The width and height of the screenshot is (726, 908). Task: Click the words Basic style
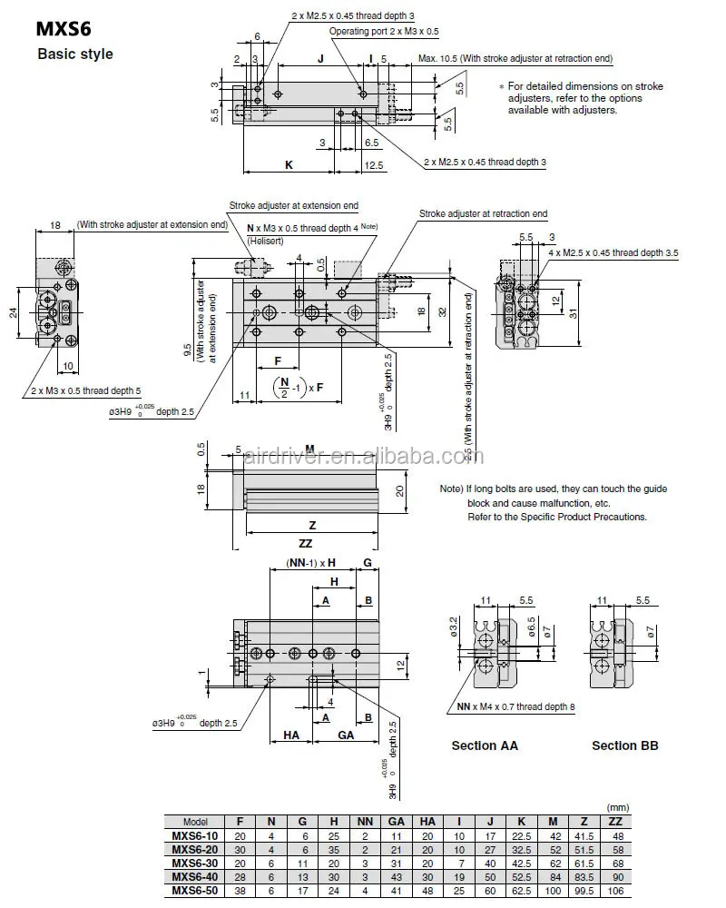click(x=75, y=54)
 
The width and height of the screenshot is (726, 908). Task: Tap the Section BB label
click(x=624, y=745)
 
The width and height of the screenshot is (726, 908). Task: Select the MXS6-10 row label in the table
click(x=196, y=835)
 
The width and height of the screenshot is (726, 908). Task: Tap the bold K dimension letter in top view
click(x=289, y=165)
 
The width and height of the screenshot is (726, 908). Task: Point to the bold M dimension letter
click(x=309, y=449)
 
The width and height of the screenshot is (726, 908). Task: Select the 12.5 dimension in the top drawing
click(x=373, y=165)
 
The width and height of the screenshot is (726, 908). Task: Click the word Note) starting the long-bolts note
click(x=452, y=489)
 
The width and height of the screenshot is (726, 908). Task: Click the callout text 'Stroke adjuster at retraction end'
click(x=483, y=213)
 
